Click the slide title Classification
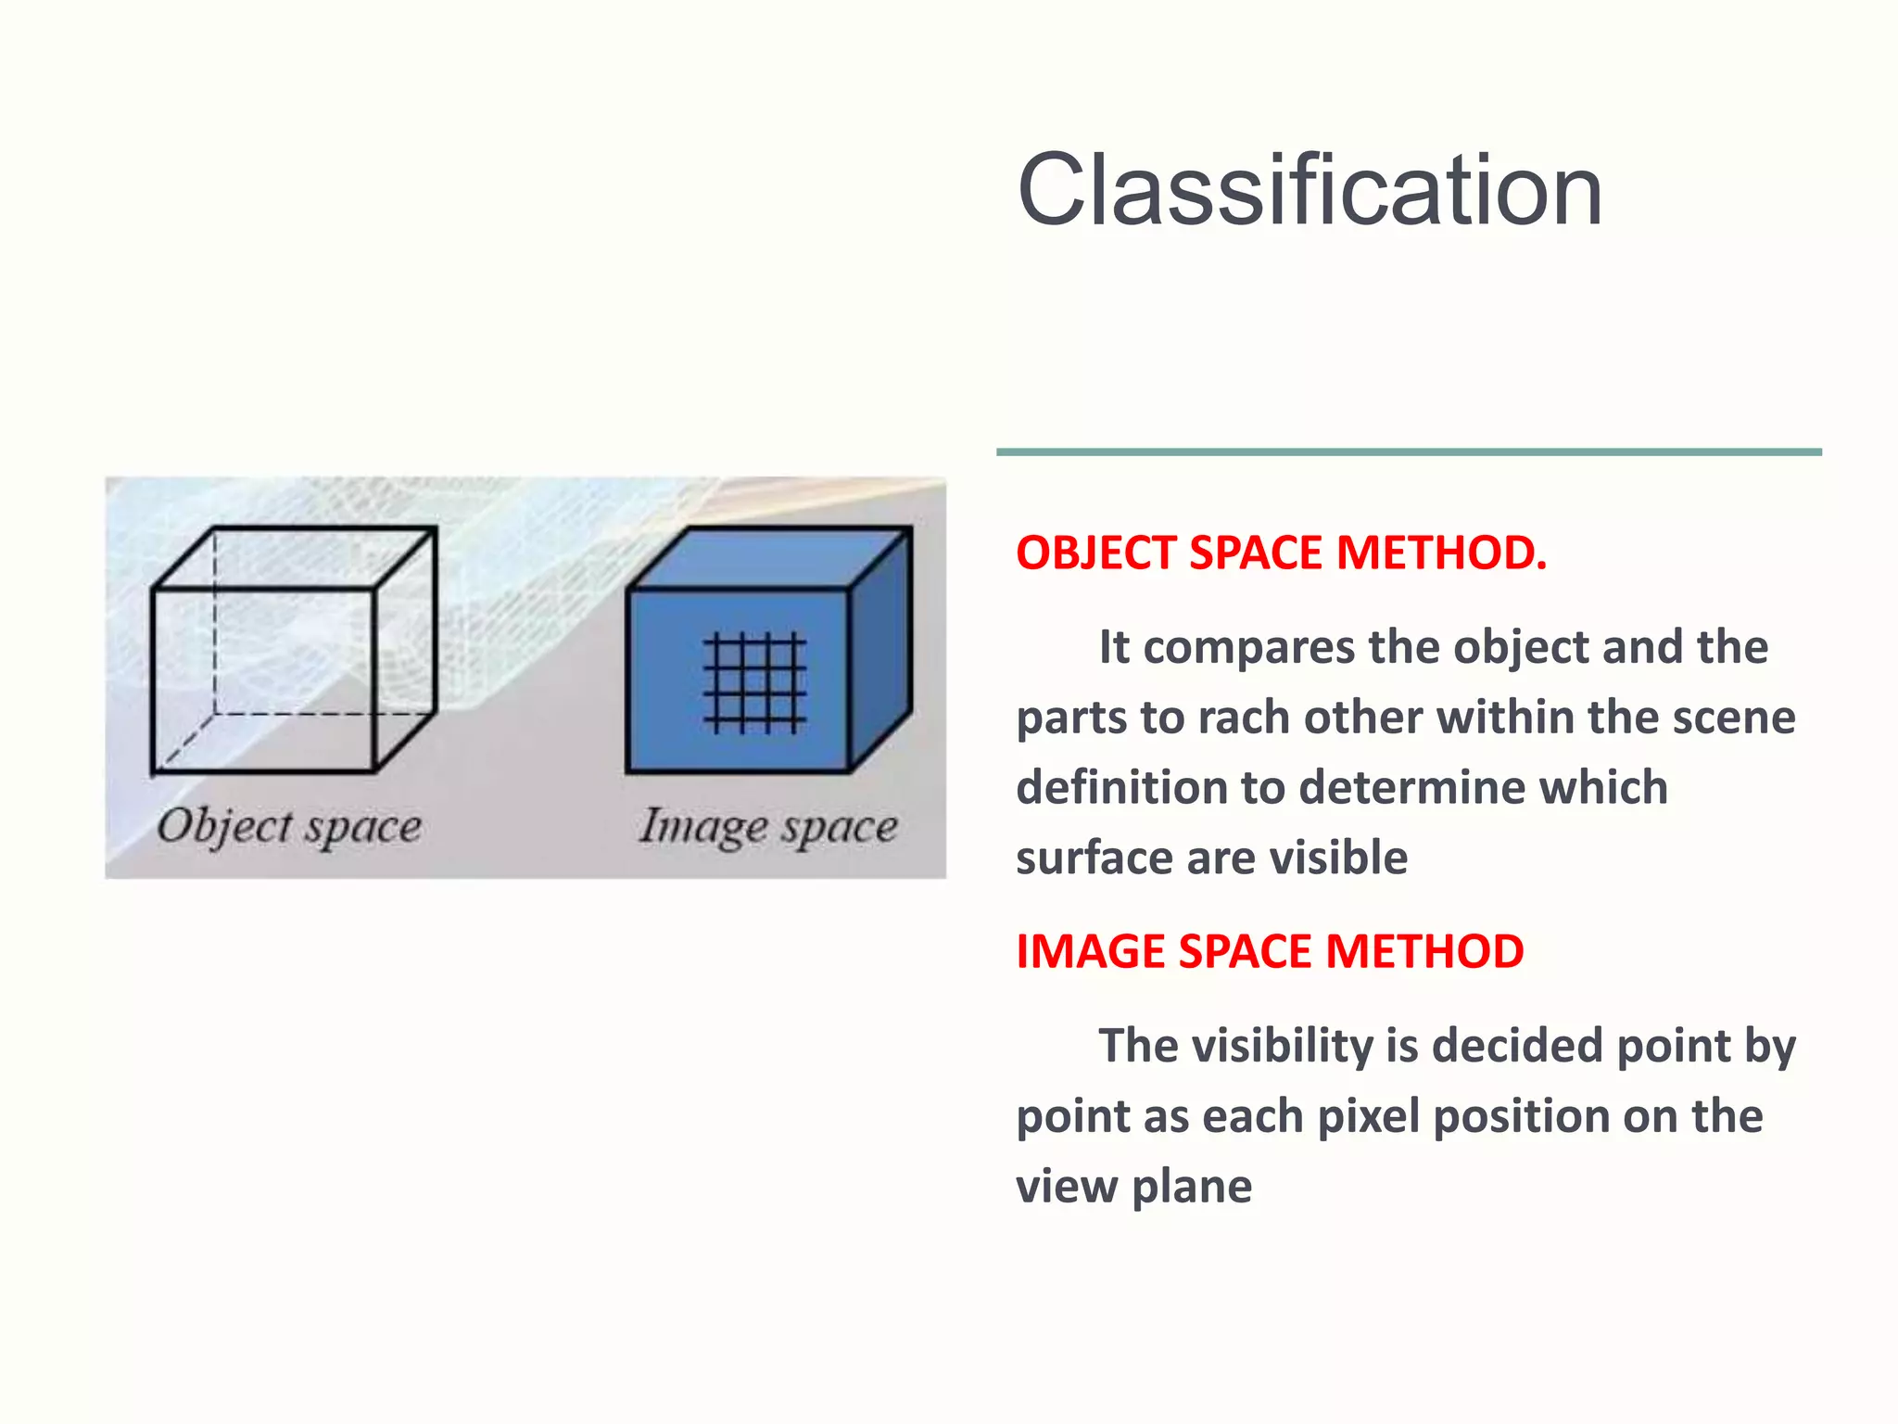pos(1309,190)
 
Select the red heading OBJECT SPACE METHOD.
pos(1281,553)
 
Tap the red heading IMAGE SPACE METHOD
pos(1270,951)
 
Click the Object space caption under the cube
pos(289,826)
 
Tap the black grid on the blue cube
pos(754,682)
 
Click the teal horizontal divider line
pos(1409,452)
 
